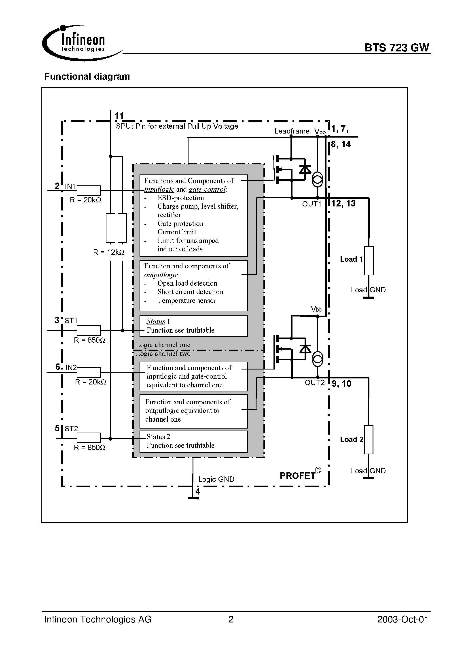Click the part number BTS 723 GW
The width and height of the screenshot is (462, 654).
pos(396,48)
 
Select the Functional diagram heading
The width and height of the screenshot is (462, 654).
pos(87,76)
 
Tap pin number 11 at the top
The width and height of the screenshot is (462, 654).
pos(119,116)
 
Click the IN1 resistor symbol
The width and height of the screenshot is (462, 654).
pos(89,190)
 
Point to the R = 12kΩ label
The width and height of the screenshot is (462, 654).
pos(109,252)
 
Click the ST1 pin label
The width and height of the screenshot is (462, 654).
pos(71,321)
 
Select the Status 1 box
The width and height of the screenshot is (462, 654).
pos(193,326)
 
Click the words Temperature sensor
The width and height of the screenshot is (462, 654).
pos(186,301)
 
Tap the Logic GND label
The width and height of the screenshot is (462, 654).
pos(216,479)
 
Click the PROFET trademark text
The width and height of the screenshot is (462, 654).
pos(298,476)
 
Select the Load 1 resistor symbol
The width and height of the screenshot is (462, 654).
pos(369,260)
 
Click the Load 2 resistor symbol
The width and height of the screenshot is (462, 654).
pos(369,440)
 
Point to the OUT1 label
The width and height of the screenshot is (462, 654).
pos(312,204)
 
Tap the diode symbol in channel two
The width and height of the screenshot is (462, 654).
pos(305,348)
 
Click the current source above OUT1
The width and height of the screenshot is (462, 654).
pos(318,180)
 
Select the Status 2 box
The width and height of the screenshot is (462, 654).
pos(193,441)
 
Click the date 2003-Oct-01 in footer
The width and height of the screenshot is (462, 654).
pos(403,620)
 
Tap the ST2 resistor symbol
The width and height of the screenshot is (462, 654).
pos(89,438)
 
